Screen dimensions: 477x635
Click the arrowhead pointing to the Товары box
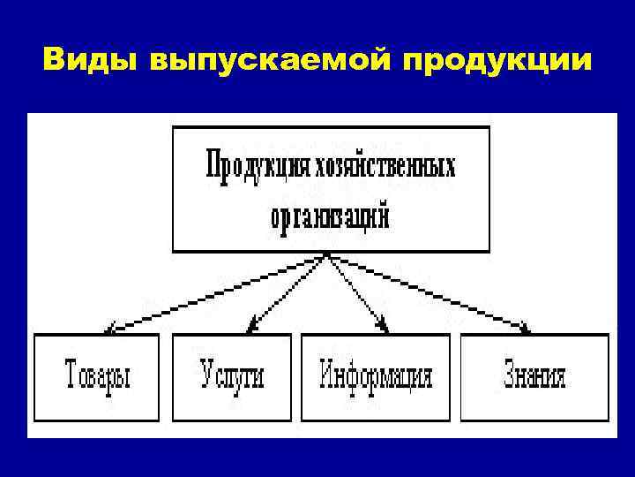109,329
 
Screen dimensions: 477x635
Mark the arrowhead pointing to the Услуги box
252,328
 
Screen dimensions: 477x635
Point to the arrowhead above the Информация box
385,328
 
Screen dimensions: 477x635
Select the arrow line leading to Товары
218,293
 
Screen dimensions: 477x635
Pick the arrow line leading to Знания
427,293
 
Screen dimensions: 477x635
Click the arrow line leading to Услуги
289,292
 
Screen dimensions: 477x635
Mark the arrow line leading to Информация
356,292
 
